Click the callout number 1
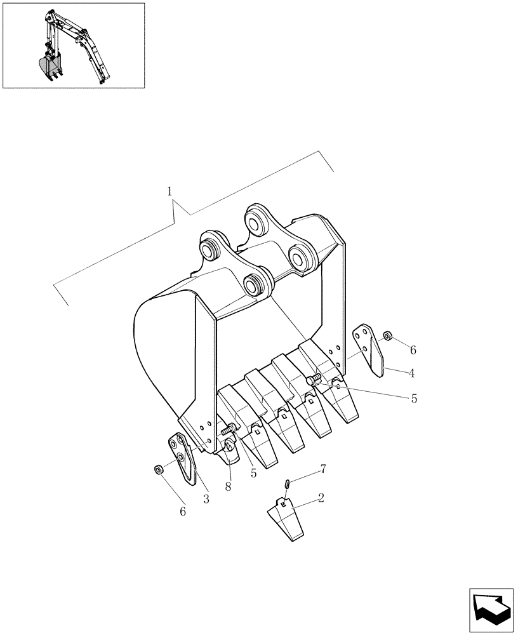(169, 191)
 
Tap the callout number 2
(321, 498)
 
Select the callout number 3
(206, 499)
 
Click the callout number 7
(324, 469)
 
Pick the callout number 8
(228, 486)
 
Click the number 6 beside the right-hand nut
(413, 350)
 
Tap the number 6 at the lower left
(183, 511)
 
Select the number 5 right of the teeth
(414, 399)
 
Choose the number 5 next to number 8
(253, 473)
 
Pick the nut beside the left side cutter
(159, 469)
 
